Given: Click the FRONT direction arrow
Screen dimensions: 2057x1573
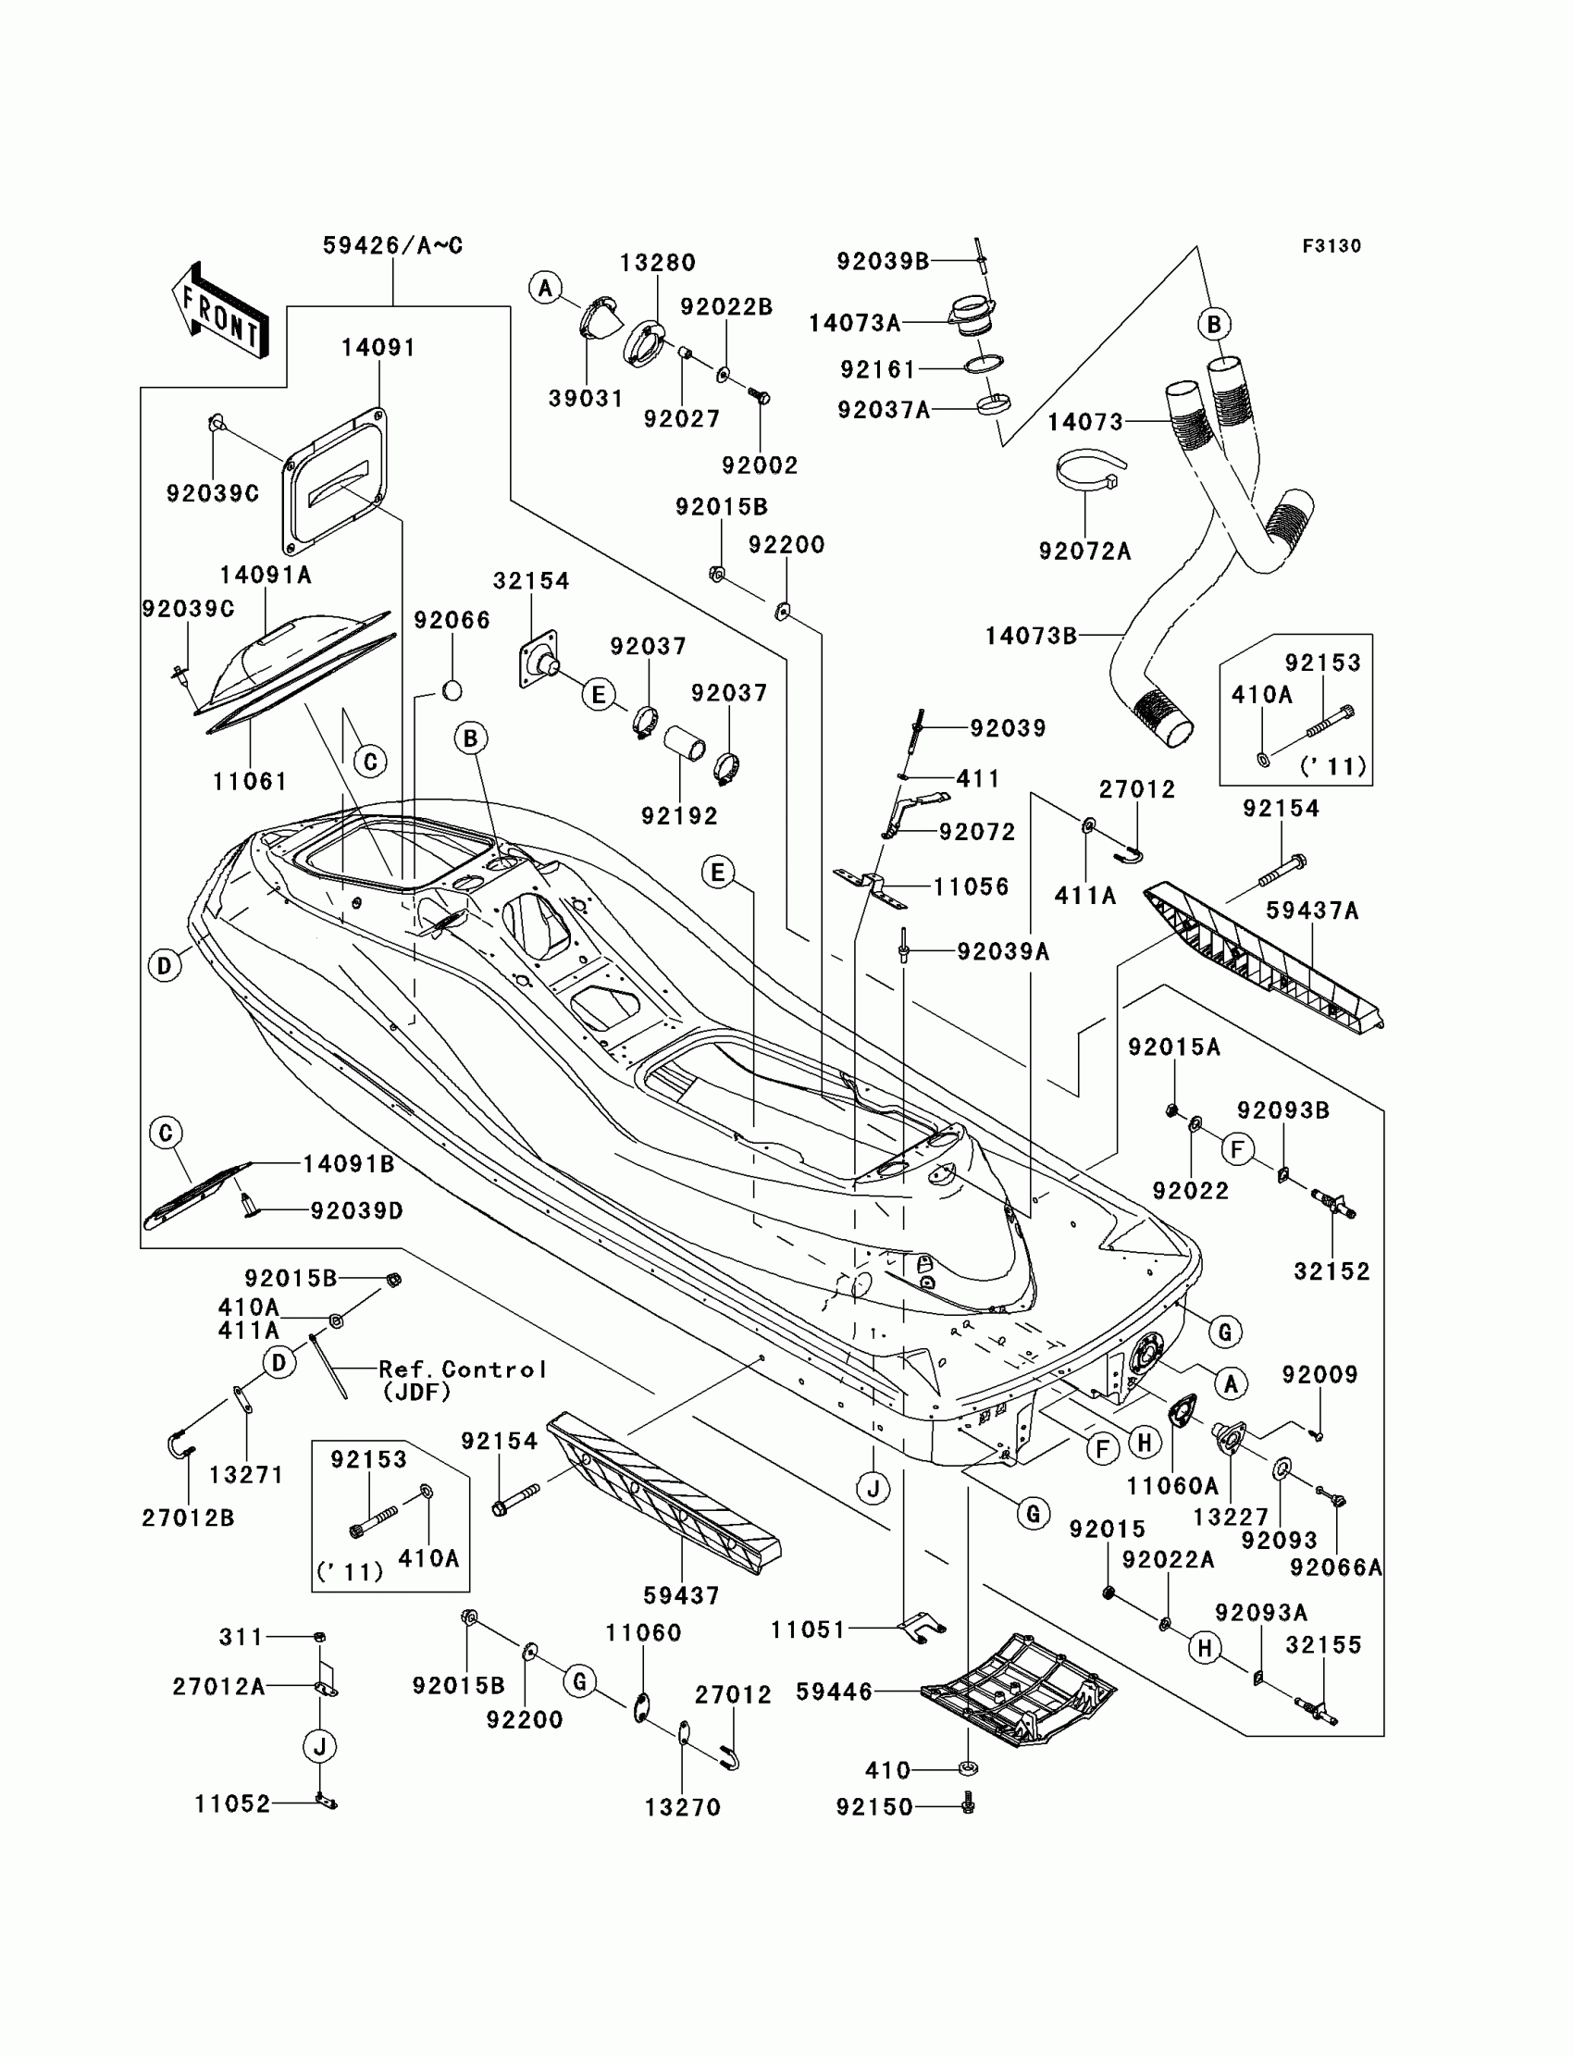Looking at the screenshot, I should pos(221,310).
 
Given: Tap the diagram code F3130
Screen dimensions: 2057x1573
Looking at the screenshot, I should pos(1331,246).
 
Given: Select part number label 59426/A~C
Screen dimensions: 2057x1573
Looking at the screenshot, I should pos(392,245).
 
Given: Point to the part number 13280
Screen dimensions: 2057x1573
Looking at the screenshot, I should pos(657,263).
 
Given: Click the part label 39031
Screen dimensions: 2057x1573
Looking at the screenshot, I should pos(585,398).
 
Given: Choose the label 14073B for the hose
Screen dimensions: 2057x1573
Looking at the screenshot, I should pos(1031,637).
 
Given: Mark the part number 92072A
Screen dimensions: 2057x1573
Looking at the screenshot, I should pos(1084,551).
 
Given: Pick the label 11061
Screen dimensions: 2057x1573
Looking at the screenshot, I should pos(249,781).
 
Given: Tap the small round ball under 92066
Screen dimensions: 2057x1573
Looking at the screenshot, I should pos(452,691).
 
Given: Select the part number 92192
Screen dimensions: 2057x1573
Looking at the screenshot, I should pos(679,816).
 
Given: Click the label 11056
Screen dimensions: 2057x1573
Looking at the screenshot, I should pos(971,886).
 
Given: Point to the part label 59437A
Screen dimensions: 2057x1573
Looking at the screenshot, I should pos(1312,911).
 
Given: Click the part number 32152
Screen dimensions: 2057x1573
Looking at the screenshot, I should pos(1331,1271).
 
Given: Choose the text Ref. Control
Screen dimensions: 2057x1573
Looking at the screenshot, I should pos(462,1369).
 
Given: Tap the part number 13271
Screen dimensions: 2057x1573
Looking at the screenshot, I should pos(245,1475).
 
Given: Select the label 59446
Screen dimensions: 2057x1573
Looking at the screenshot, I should pos(834,1691).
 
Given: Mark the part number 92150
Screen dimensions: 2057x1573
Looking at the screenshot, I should pos(873,1807).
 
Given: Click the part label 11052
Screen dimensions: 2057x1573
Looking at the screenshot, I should pos(232,1804).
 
